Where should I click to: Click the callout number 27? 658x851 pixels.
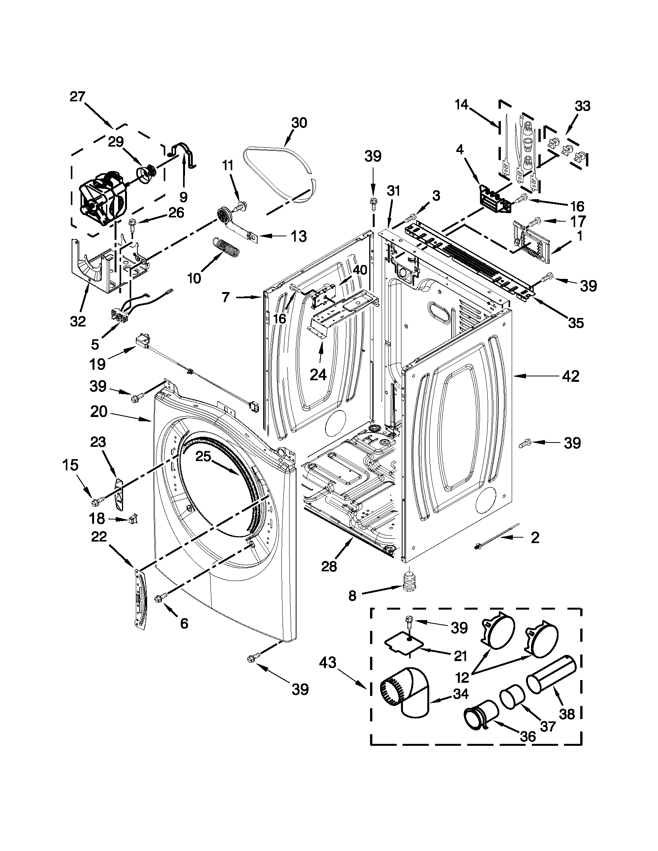(77, 96)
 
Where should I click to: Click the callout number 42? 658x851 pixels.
(571, 376)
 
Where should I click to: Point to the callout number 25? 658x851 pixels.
(203, 456)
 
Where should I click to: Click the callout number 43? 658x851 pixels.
(327, 662)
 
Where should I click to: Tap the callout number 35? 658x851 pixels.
(576, 323)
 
